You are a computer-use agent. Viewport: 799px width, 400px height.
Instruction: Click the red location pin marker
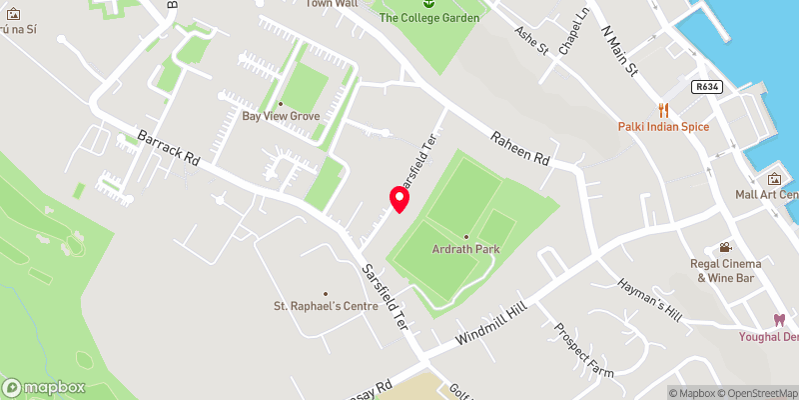pos(399,199)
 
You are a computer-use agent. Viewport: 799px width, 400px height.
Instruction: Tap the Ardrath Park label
pos(465,249)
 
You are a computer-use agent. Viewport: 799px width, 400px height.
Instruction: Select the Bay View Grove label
pos(281,116)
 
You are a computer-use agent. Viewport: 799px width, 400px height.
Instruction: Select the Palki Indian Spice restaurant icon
pos(661,109)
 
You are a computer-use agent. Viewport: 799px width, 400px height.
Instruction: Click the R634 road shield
pos(706,87)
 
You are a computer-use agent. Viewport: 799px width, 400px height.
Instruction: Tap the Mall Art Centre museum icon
pos(774,179)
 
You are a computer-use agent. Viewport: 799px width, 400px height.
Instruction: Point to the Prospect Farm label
pos(583,347)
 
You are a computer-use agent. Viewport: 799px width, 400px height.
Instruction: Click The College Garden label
pos(429,18)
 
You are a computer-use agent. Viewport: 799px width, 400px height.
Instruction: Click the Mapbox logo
pos(43,387)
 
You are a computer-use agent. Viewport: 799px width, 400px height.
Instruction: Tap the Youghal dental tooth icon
pos(778,320)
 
